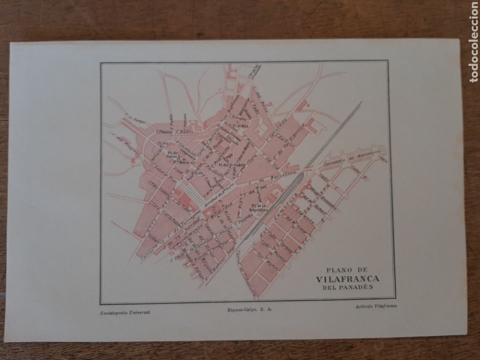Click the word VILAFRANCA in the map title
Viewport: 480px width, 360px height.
pyautogui.click(x=347, y=279)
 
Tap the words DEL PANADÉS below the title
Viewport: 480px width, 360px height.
pyautogui.click(x=347, y=287)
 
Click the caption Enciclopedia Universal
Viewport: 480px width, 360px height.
pyautogui.click(x=122, y=311)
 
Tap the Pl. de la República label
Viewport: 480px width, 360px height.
pyautogui.click(x=260, y=208)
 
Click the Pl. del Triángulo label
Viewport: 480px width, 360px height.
pyautogui.click(x=230, y=164)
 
